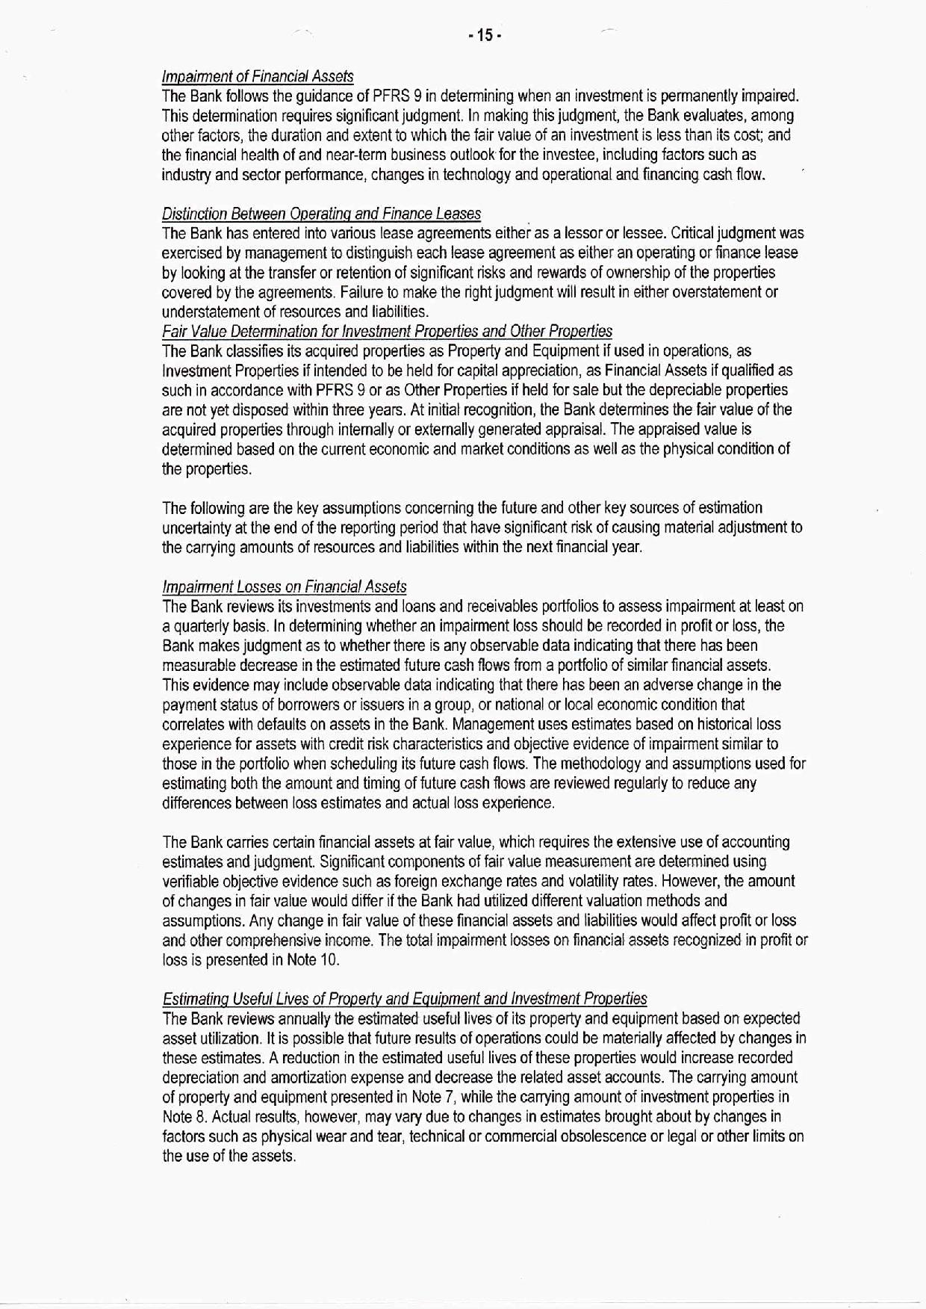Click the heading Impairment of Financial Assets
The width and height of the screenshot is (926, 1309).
(257, 76)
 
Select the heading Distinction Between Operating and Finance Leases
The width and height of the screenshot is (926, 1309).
(321, 214)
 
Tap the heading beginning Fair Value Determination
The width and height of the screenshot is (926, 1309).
(387, 331)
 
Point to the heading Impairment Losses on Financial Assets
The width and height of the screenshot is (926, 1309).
(284, 587)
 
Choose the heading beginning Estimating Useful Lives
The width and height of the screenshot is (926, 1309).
(404, 999)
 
